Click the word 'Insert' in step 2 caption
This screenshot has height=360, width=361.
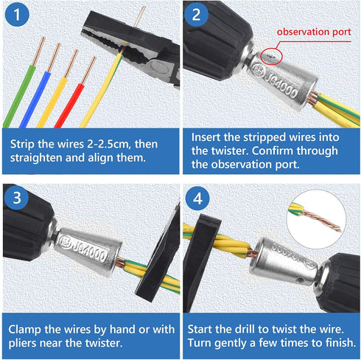click(209, 136)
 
